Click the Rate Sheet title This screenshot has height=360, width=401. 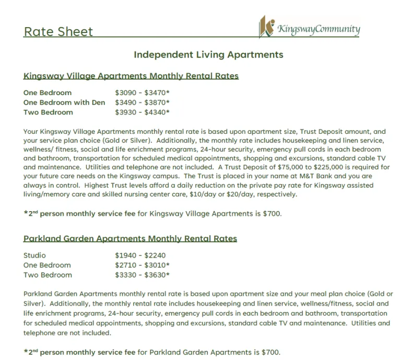tap(58, 32)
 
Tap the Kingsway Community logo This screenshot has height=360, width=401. tap(310, 28)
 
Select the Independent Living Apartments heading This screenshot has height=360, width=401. tap(208, 55)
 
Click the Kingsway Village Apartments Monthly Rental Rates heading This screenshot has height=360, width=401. tap(131, 76)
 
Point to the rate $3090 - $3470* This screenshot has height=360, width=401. tap(142, 93)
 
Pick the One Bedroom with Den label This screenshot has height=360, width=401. tap(64, 102)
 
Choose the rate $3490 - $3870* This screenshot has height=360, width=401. tap(142, 102)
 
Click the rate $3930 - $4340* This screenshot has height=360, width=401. tap(142, 112)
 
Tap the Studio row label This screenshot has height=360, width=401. tap(34, 256)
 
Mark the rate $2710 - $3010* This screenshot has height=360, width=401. tap(142, 265)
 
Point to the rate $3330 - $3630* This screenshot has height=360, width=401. tap(142, 275)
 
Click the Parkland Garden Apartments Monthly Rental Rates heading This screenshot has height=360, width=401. tap(130, 239)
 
